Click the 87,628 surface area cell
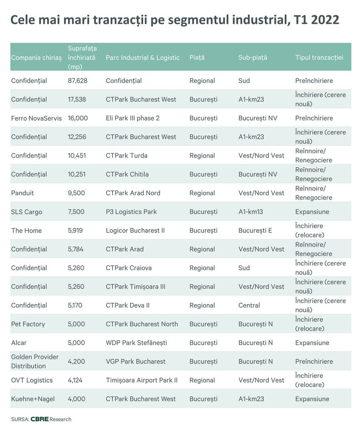click(78, 81)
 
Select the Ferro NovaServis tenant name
click(36, 118)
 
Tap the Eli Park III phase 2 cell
click(135, 118)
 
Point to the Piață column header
click(197, 58)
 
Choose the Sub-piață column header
click(252, 58)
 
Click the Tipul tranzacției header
click(319, 58)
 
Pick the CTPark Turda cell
click(126, 156)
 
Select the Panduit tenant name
click(22, 193)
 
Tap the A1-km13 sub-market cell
click(251, 212)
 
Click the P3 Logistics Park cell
click(131, 212)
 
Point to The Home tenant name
click(26, 231)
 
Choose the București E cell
click(255, 231)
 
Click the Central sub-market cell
click(249, 306)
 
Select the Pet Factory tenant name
click(28, 324)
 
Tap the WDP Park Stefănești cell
click(136, 343)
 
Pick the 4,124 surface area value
click(75, 380)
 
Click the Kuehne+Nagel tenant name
click(33, 399)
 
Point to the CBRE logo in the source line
click(40, 419)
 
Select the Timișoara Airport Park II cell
click(142, 380)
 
